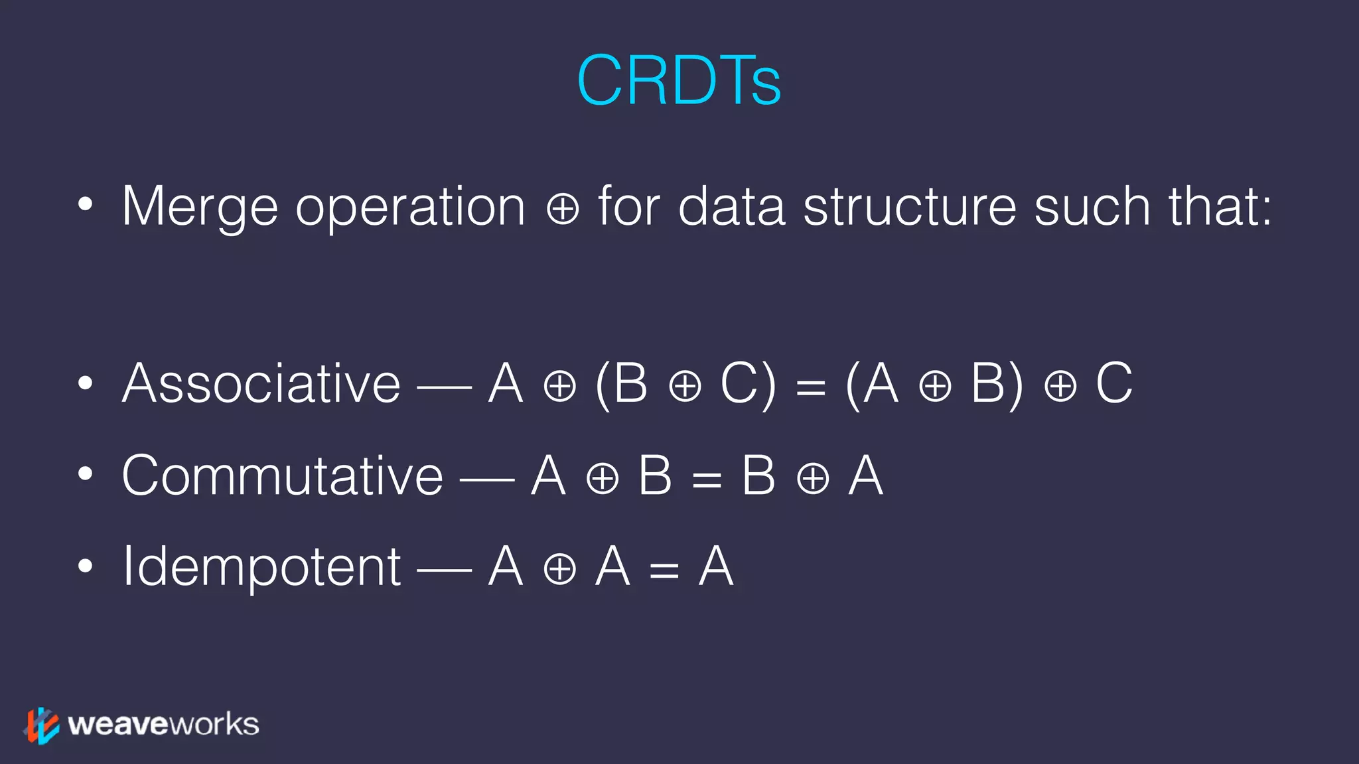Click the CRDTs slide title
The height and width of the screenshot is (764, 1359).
679,81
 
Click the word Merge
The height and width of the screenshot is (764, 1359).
199,207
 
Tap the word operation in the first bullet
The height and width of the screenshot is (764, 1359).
410,207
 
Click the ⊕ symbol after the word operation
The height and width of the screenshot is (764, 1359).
563,210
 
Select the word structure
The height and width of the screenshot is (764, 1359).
910,207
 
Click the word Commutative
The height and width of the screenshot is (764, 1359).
282,476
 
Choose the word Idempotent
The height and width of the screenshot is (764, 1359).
261,567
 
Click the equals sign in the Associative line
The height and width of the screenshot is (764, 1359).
810,387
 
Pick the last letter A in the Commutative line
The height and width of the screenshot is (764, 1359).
866,476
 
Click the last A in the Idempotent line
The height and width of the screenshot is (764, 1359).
716,567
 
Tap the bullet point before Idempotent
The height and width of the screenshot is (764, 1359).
85,566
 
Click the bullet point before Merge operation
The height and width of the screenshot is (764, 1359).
85,205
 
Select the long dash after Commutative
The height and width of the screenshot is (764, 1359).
487,477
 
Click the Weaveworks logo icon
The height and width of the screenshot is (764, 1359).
42,725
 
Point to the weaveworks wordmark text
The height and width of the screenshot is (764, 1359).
163,724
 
